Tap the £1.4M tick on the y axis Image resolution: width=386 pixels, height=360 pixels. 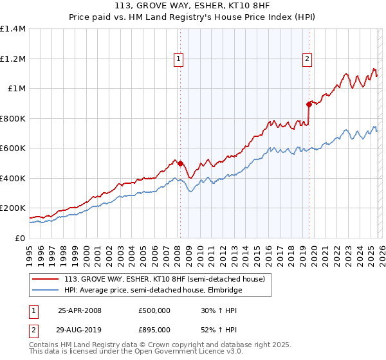click(x=12, y=29)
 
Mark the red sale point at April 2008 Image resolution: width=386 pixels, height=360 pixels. click(x=180, y=163)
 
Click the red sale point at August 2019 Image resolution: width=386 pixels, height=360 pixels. click(x=309, y=104)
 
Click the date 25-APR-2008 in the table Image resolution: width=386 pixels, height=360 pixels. click(x=80, y=310)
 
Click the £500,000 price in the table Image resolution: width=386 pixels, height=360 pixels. click(x=154, y=310)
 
